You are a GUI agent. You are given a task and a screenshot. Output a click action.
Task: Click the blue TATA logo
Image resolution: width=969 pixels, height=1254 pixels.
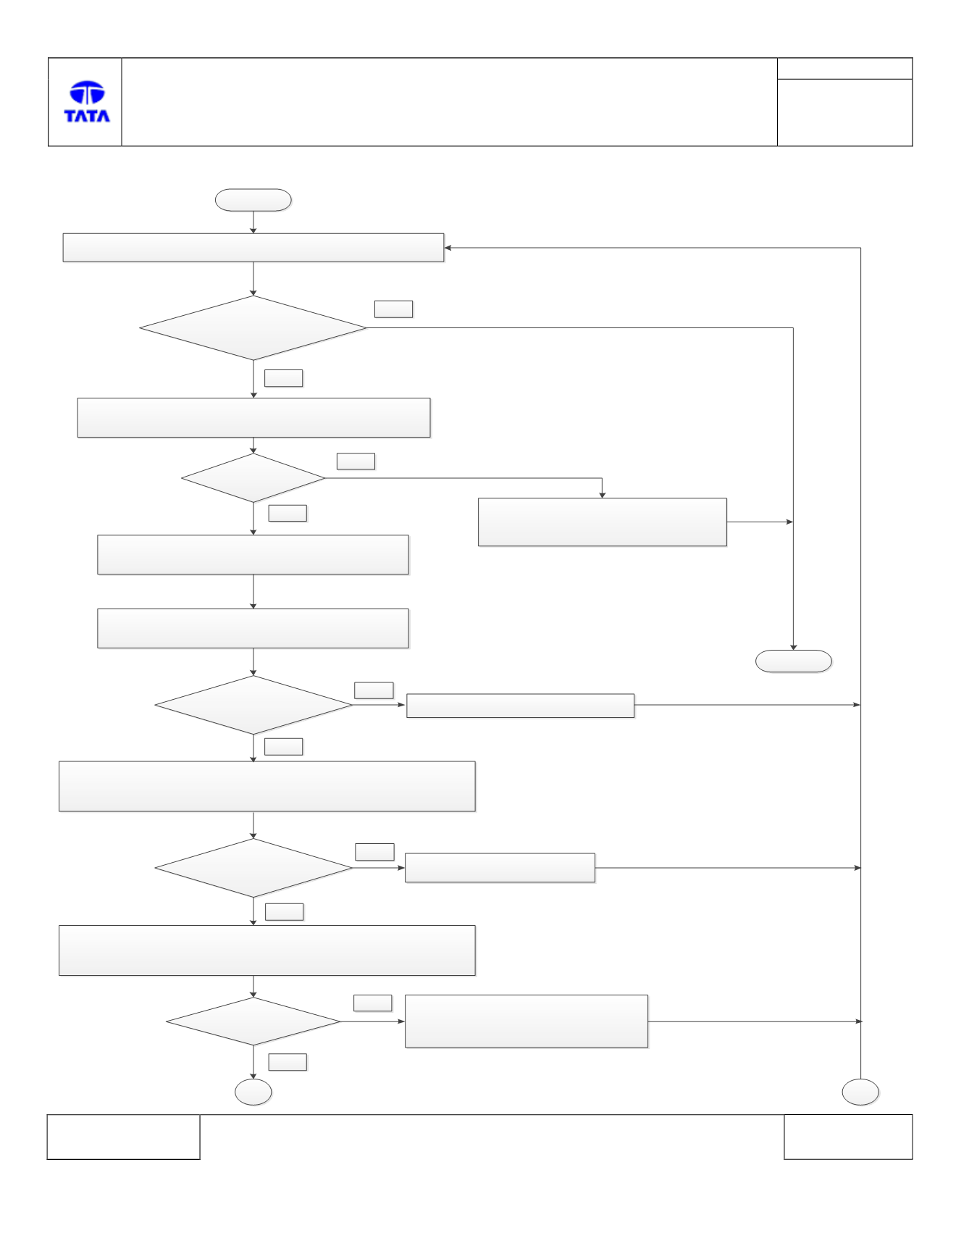[87, 101]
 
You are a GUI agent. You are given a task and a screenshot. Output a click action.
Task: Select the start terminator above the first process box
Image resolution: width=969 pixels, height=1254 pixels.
[253, 200]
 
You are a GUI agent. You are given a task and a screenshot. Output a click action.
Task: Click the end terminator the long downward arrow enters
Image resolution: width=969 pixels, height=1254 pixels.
[794, 661]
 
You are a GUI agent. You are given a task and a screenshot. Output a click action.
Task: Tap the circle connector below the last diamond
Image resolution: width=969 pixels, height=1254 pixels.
[253, 1092]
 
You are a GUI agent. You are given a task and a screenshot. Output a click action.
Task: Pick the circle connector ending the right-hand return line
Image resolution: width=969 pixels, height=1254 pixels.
[860, 1092]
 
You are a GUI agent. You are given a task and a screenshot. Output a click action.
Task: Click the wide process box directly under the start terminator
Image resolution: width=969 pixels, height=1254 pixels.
[253, 248]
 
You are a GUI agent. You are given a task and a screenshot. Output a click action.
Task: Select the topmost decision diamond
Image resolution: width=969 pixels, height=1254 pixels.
[253, 328]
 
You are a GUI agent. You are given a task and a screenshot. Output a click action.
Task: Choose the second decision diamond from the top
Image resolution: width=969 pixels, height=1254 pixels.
[253, 478]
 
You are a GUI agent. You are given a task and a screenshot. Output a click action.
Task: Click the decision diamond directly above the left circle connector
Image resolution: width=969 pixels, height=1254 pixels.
[253, 1021]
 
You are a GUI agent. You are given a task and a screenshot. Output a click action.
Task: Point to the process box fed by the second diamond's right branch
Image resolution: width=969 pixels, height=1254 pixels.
[603, 522]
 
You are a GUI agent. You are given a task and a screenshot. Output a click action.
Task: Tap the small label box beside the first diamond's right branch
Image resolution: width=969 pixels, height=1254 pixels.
[394, 309]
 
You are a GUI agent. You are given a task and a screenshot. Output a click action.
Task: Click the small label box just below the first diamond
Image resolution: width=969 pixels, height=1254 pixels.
[284, 378]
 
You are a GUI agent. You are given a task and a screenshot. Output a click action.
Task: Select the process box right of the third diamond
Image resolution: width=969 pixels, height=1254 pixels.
[521, 706]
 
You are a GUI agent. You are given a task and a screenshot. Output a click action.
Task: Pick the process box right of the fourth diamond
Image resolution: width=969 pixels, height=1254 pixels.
[500, 868]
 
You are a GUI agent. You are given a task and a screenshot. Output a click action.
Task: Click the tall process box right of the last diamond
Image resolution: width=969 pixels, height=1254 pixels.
[527, 1021]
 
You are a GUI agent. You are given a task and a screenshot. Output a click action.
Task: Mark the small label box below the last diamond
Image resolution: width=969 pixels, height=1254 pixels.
[288, 1062]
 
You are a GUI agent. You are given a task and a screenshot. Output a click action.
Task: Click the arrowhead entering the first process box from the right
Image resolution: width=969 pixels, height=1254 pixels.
[448, 248]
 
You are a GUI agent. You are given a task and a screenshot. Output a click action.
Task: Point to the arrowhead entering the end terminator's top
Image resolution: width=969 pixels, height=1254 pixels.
[794, 646]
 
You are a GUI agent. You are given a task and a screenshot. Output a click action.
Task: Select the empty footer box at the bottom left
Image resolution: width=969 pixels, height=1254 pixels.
[123, 1137]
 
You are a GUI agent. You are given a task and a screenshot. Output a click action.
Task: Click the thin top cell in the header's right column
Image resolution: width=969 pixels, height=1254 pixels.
[845, 69]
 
